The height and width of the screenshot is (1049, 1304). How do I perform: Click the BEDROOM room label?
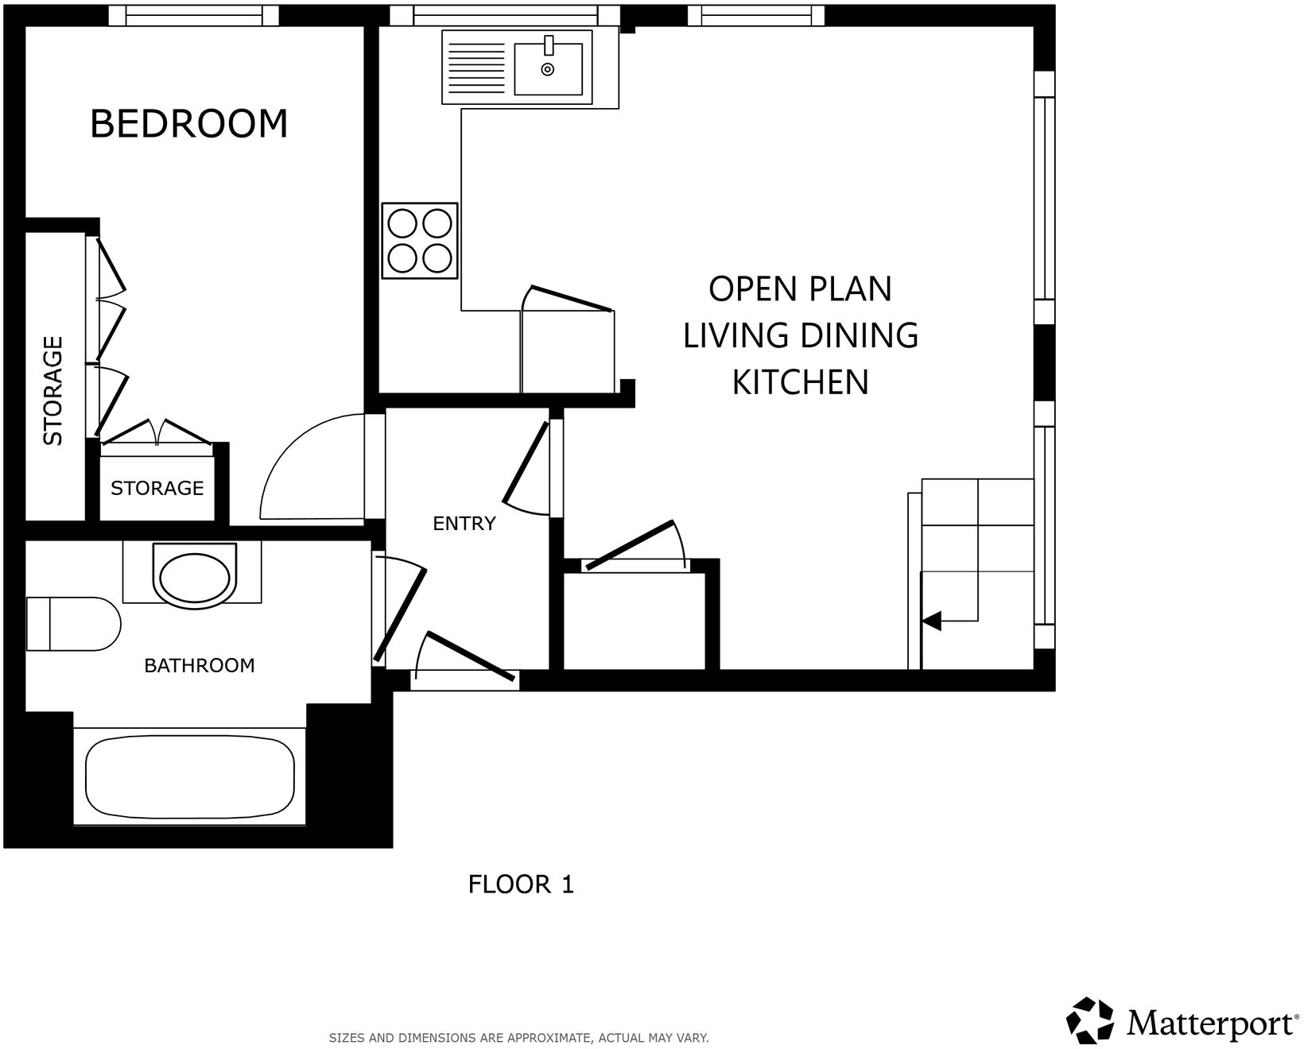point(188,124)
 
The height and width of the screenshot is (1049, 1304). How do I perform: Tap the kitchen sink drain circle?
point(547,70)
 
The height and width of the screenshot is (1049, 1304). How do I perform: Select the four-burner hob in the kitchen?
point(420,241)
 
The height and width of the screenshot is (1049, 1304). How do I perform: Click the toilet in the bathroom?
point(73,624)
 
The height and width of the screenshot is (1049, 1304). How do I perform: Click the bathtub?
point(189,777)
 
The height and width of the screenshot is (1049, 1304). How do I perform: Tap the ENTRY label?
point(464,524)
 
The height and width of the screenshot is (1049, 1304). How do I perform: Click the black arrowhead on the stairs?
point(931,620)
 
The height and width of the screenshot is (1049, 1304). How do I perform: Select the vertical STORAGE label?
point(53,390)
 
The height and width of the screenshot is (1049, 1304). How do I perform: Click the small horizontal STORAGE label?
point(157,488)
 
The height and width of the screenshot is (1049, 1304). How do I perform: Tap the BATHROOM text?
point(200,666)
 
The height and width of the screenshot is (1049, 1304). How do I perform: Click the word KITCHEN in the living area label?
point(800,383)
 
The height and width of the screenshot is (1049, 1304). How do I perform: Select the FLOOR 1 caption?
point(521,884)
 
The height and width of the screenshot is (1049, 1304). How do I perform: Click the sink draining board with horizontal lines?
point(476,68)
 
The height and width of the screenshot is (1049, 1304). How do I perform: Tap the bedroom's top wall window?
point(194,15)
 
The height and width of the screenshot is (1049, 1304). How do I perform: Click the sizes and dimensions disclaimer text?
point(518,1038)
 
